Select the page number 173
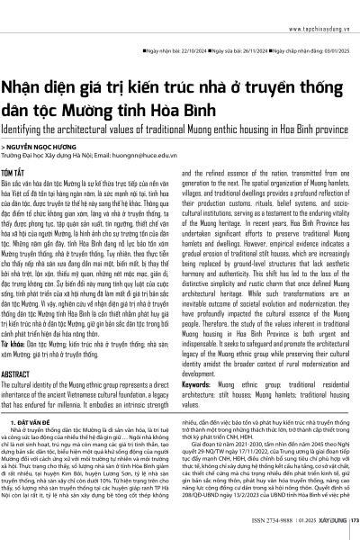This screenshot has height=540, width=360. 354,522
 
